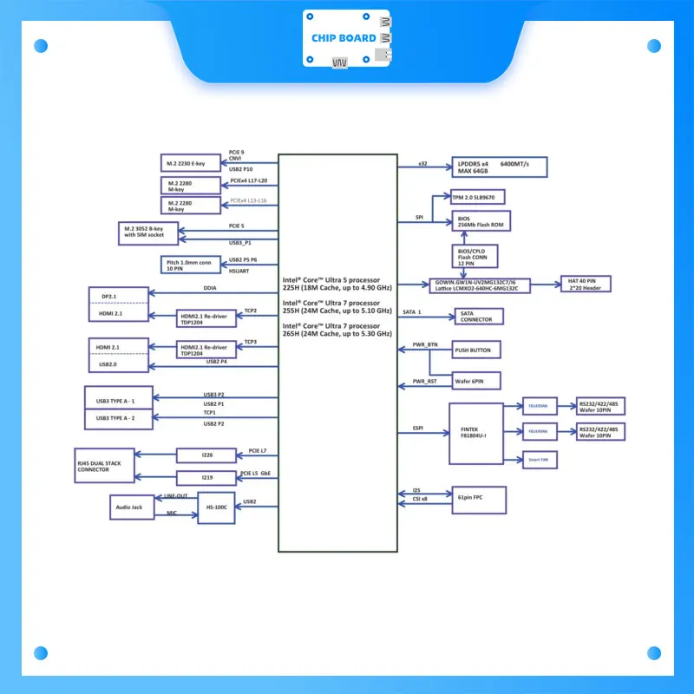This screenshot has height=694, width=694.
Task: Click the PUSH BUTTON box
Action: point(476,350)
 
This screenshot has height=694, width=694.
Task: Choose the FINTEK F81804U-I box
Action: point(475,432)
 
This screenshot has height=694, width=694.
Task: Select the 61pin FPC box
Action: point(477,499)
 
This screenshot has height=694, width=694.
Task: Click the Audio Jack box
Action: point(132,507)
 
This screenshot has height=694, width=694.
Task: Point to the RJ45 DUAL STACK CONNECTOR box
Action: point(114,466)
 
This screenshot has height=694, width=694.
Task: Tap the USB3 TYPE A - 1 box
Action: point(121,401)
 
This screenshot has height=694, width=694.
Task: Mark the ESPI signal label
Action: point(417,429)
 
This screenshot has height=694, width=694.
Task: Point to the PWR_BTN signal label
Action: point(425,345)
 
